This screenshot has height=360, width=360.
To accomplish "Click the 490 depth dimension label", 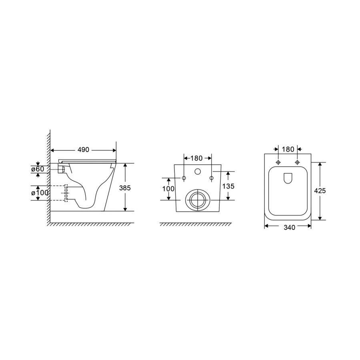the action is [83, 150].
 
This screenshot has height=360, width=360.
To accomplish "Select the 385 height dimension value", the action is [125, 188].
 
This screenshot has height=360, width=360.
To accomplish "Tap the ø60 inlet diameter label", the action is [38, 169].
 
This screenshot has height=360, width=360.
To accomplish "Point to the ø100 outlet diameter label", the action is [40, 193].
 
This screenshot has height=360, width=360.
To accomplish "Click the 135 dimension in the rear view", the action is [228, 186].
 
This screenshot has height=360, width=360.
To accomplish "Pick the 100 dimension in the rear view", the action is [168, 189].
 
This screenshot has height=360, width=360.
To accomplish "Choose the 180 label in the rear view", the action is [196, 158].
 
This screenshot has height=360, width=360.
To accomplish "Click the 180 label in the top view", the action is [288, 150].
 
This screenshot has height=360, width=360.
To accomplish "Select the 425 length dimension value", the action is [320, 190].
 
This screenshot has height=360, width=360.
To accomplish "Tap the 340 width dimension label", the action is [289, 227].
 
